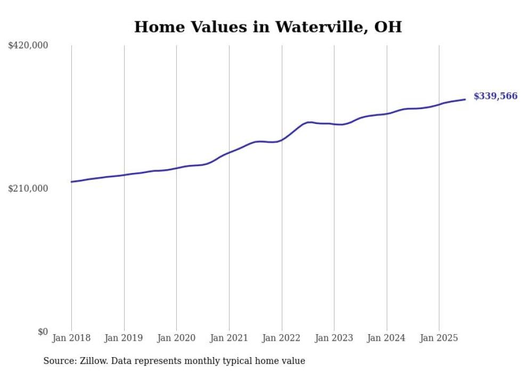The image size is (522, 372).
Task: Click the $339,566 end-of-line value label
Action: click(495, 96)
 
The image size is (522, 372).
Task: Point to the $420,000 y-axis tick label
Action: click(28, 46)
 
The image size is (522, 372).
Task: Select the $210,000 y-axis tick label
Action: click(28, 188)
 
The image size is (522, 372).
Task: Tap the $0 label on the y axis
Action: click(43, 332)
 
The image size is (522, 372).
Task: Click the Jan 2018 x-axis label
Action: click(71, 338)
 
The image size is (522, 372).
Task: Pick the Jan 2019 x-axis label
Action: click(124, 338)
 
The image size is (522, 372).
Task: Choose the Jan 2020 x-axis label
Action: click(176, 338)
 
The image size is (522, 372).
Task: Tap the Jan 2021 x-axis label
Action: click(229, 338)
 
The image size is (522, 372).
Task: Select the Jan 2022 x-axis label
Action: click(281, 338)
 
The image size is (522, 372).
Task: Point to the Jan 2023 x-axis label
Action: click(334, 338)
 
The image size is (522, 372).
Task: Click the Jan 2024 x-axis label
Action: click(386, 338)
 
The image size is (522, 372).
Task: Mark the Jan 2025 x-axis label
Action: click(439, 338)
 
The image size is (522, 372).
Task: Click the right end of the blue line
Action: click(466, 100)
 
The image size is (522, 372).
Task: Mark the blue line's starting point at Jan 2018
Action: click(71, 182)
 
